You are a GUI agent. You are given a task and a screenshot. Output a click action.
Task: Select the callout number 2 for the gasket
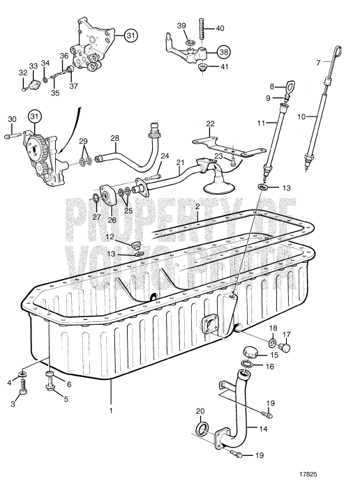197,207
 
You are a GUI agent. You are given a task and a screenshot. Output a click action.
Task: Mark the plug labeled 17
285,346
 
